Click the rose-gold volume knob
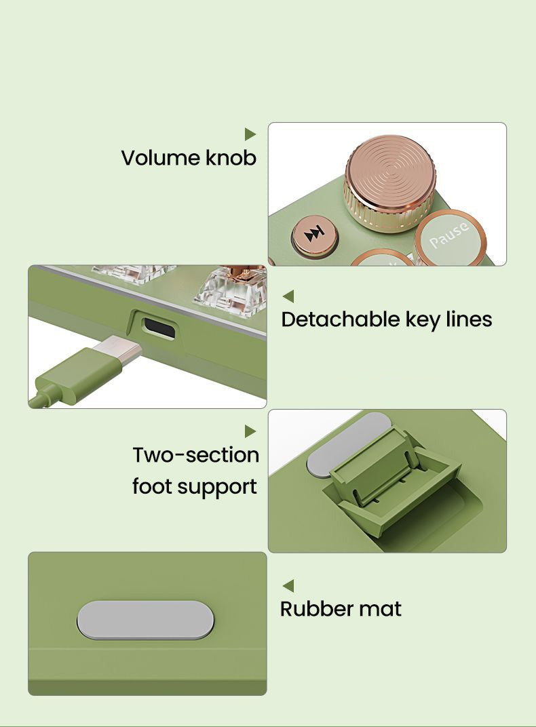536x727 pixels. [390, 184]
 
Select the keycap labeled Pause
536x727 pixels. [451, 237]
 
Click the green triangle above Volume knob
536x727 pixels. [250, 134]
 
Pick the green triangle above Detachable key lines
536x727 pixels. [288, 296]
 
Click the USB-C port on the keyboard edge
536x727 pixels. [159, 328]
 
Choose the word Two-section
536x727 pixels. [195, 455]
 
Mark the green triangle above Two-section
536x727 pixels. [250, 431]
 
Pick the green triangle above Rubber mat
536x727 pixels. [288, 585]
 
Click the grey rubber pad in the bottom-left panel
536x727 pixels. [145, 620]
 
